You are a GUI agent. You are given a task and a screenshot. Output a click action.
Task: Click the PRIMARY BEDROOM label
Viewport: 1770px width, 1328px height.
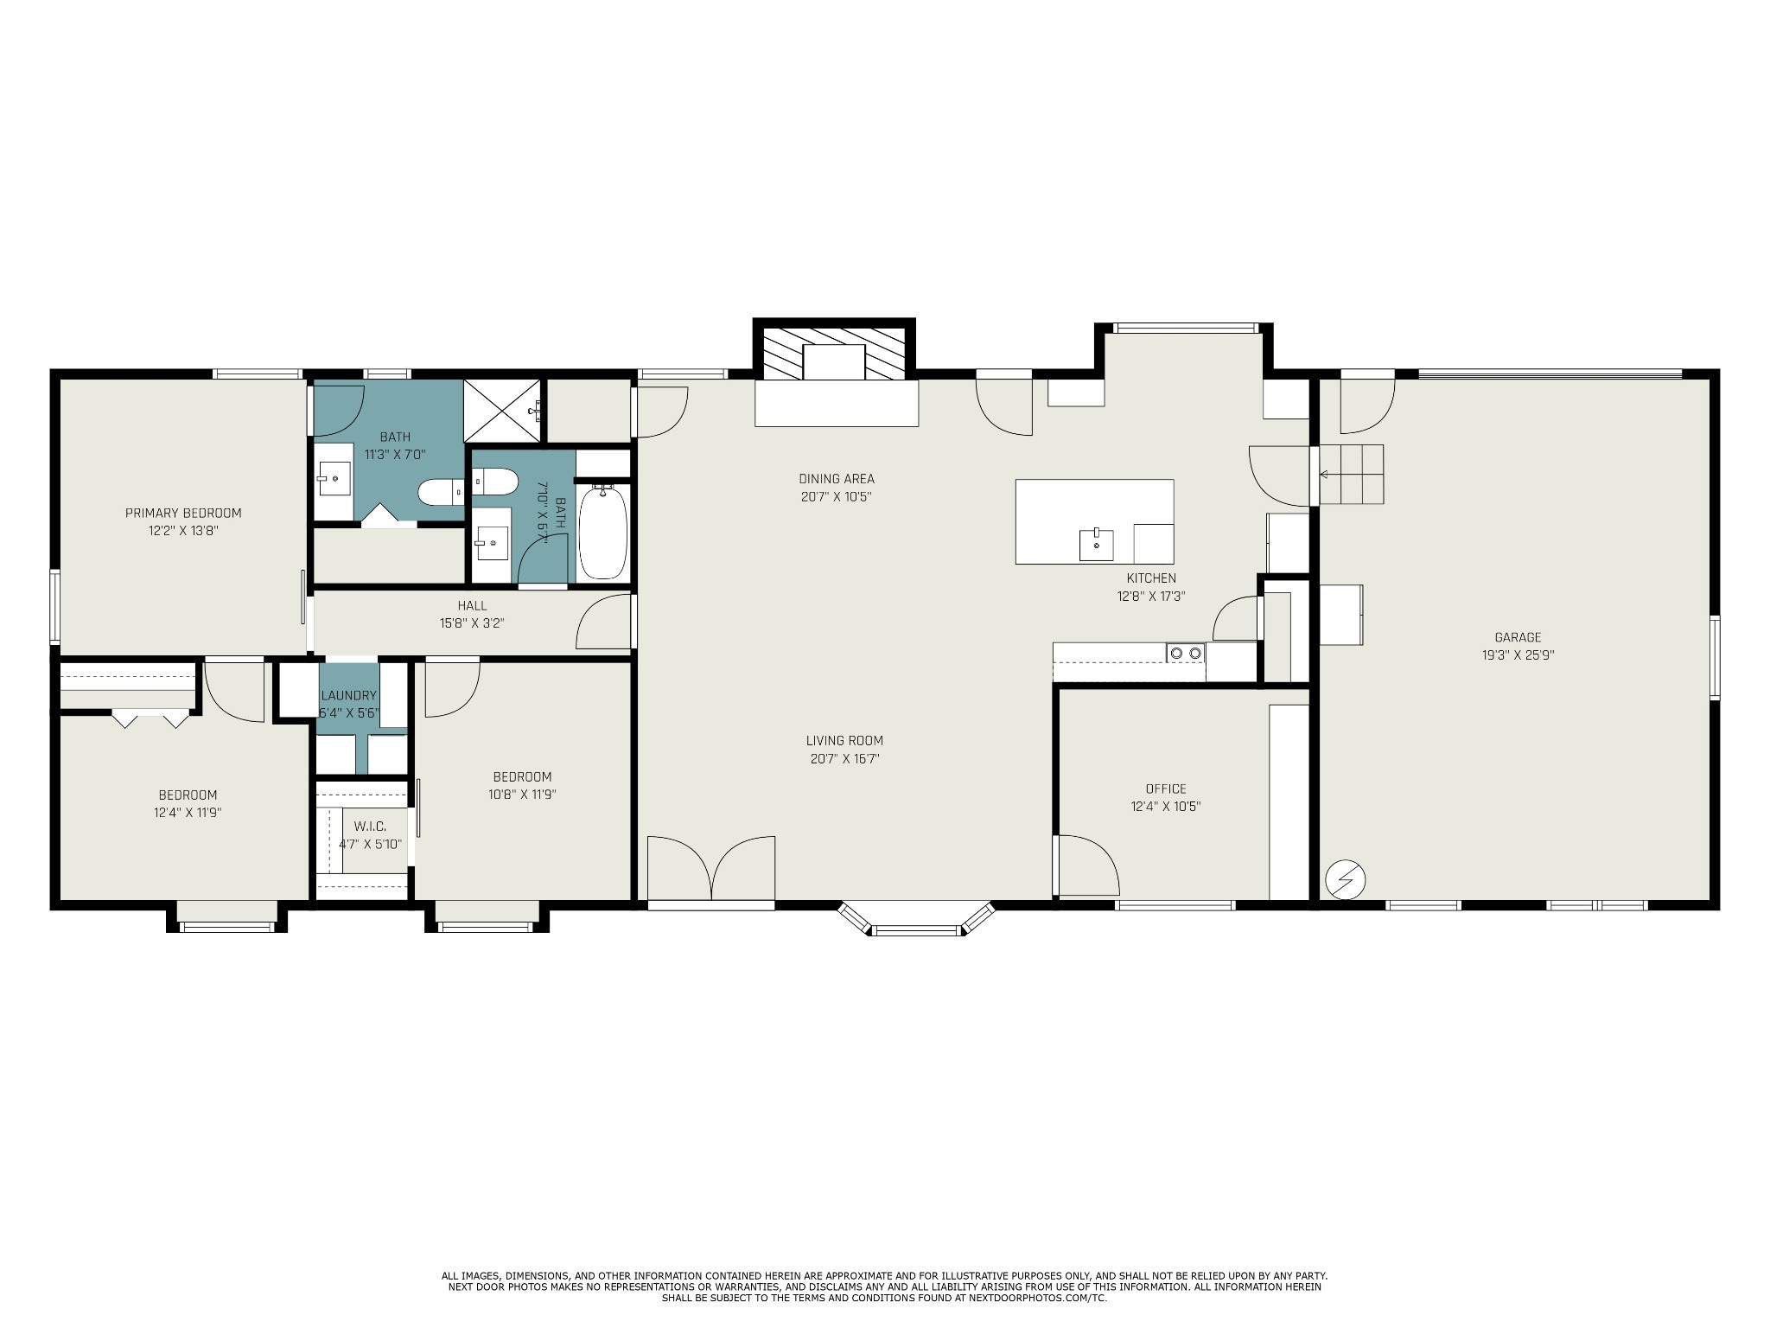click(x=183, y=513)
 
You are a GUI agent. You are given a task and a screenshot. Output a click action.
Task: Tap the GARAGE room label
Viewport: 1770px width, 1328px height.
click(x=1518, y=637)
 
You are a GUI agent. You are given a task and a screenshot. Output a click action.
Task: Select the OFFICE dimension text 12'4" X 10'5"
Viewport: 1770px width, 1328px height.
click(x=1166, y=807)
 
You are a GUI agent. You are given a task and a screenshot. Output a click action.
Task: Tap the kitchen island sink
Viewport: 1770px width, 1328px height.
click(x=1096, y=545)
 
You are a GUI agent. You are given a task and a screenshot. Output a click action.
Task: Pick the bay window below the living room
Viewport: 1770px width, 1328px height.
click(x=917, y=920)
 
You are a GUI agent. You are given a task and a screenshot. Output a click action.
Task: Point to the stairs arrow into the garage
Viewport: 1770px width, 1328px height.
click(x=1324, y=475)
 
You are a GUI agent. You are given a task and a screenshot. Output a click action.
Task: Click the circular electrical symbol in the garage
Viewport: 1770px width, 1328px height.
click(x=1345, y=880)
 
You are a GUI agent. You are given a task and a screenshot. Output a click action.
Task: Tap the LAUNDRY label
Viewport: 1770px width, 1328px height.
click(x=348, y=695)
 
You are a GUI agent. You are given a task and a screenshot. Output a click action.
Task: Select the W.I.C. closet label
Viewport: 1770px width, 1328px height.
click(x=370, y=827)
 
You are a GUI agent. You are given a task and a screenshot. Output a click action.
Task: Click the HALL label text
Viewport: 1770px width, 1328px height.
click(x=473, y=605)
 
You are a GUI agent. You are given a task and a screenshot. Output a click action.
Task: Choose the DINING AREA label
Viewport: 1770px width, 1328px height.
click(x=836, y=478)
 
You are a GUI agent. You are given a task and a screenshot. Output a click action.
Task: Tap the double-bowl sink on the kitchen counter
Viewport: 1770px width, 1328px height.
click(x=1186, y=653)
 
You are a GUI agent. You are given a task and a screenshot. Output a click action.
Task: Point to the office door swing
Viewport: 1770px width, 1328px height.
click(x=1086, y=865)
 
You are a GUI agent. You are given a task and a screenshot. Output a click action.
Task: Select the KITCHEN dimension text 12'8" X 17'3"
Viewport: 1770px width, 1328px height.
click(x=1150, y=596)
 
